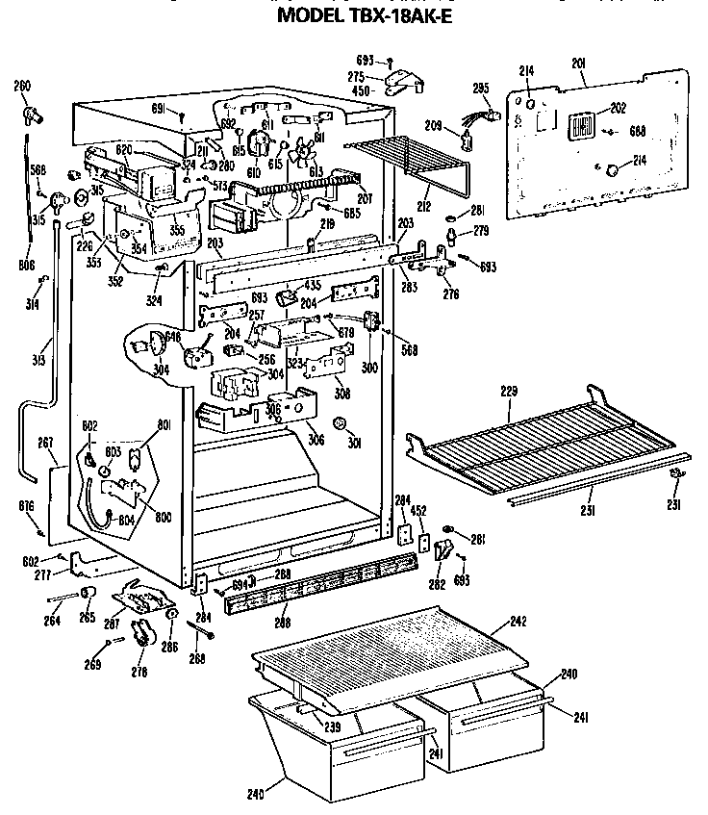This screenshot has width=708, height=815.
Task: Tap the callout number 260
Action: click(21, 87)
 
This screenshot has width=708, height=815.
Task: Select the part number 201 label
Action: click(578, 64)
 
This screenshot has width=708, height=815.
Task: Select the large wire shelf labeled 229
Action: click(529, 447)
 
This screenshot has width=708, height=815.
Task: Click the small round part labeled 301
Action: click(338, 423)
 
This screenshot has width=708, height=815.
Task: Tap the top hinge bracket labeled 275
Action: click(403, 84)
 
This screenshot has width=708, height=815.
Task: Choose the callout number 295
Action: click(482, 89)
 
